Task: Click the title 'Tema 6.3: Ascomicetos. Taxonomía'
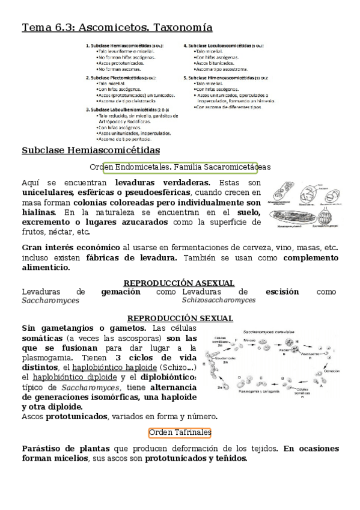click(x=117, y=28)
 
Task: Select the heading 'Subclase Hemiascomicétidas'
click(x=91, y=150)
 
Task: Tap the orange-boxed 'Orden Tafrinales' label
click(x=180, y=432)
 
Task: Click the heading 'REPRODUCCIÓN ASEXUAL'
click(x=178, y=283)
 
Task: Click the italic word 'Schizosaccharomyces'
click(x=219, y=300)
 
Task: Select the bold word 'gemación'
click(x=121, y=292)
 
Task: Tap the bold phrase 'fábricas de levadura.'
click(x=132, y=257)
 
